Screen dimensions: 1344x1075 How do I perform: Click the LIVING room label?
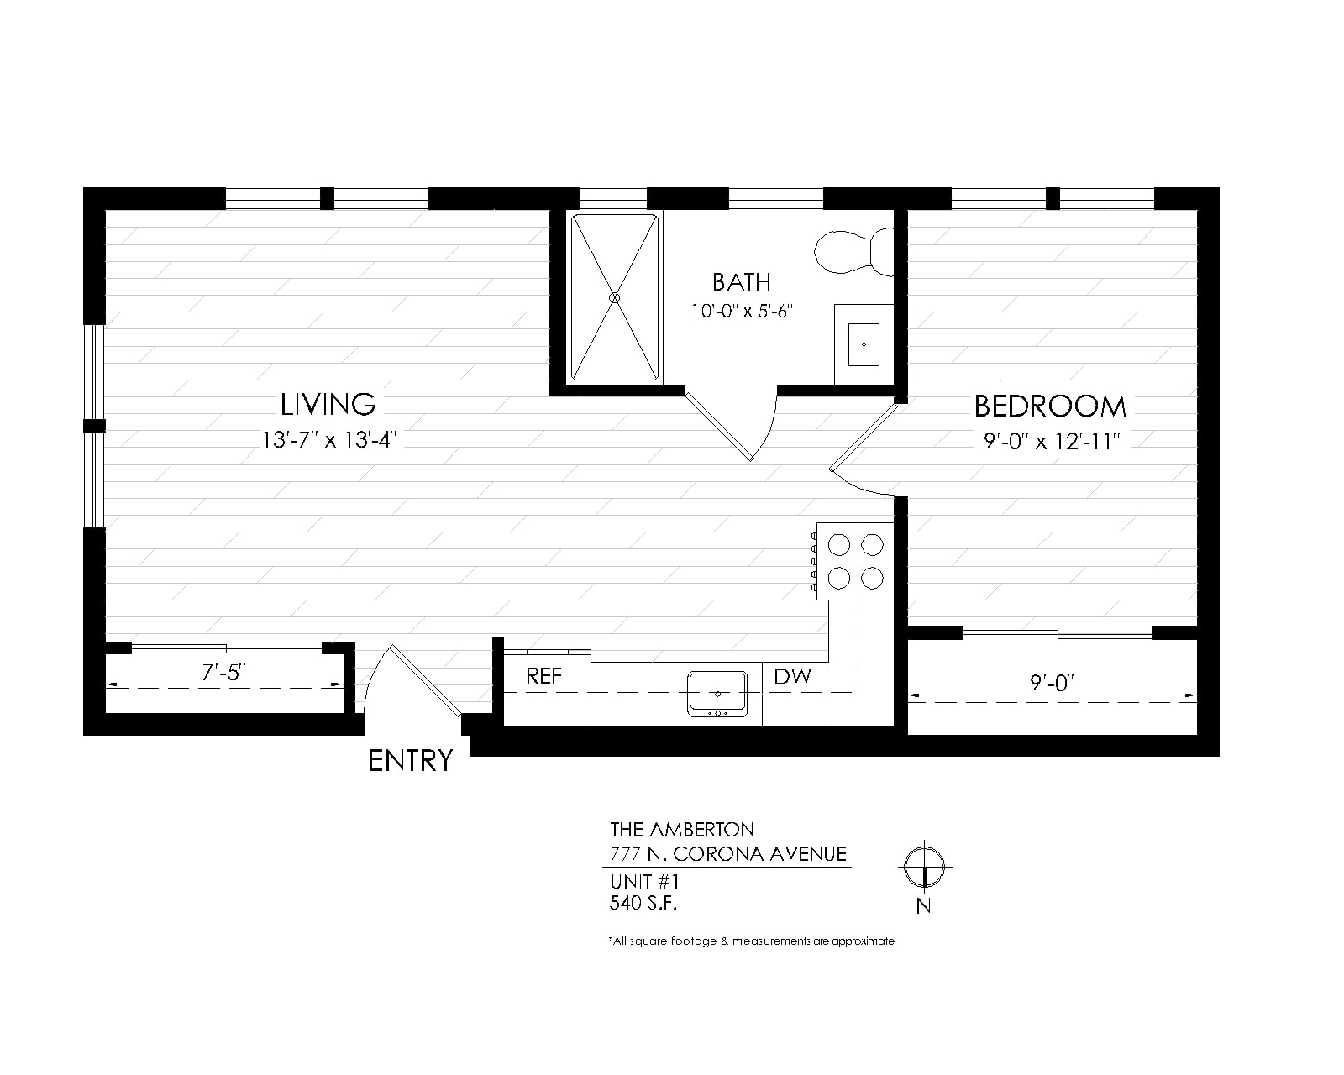(x=328, y=404)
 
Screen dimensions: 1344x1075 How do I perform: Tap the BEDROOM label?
(x=1050, y=406)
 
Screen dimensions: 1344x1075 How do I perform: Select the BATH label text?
(x=742, y=282)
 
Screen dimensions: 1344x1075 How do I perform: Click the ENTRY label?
(x=410, y=761)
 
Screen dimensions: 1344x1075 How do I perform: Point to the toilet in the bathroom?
(x=853, y=252)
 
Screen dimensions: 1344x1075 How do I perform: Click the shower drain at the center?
(x=615, y=297)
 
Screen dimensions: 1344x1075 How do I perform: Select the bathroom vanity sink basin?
(x=864, y=344)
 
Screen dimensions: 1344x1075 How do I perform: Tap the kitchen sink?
(x=717, y=694)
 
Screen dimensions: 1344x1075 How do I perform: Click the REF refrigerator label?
(x=544, y=676)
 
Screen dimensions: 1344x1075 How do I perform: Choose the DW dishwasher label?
(x=792, y=676)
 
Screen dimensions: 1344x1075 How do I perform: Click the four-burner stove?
(x=854, y=561)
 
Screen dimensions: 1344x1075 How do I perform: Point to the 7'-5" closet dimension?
(x=223, y=672)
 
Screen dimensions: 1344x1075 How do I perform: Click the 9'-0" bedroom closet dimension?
(x=1052, y=683)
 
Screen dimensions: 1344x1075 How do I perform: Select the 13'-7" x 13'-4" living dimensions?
(x=329, y=440)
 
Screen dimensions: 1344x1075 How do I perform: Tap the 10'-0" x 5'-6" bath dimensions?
(x=742, y=311)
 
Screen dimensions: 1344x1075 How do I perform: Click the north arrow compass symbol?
(x=925, y=867)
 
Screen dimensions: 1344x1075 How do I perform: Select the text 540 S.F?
(x=643, y=903)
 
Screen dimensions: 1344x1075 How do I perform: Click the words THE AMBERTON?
(x=682, y=830)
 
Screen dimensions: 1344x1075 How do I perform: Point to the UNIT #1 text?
(x=644, y=881)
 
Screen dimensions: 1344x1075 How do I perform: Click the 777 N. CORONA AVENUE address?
(x=728, y=854)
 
